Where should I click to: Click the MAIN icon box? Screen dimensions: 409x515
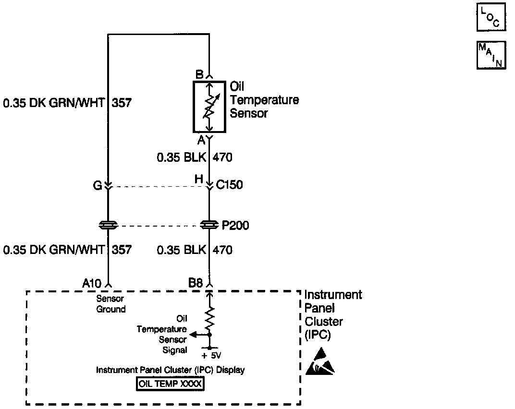[x=491, y=55]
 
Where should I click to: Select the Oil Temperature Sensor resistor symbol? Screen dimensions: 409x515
[x=209, y=106]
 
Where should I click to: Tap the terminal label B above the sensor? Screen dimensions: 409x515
[x=199, y=75]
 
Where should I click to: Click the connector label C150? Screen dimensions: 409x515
[x=229, y=185]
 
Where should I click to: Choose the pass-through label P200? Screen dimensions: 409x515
[x=235, y=225]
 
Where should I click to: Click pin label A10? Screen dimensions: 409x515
[x=92, y=284]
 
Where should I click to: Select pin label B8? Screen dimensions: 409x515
[x=196, y=284]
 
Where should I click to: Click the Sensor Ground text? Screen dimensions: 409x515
[x=111, y=304]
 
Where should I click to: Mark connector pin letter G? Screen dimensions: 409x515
[x=98, y=185]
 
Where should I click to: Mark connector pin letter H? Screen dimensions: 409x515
[x=199, y=179]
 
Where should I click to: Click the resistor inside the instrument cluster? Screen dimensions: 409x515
[x=209, y=316]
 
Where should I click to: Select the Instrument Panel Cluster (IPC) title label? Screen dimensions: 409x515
[x=333, y=314]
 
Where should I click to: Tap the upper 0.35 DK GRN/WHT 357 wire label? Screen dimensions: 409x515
[x=67, y=103]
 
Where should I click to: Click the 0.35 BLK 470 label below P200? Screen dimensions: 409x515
[x=195, y=250]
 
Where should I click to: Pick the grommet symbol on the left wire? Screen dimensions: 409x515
[x=108, y=225]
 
